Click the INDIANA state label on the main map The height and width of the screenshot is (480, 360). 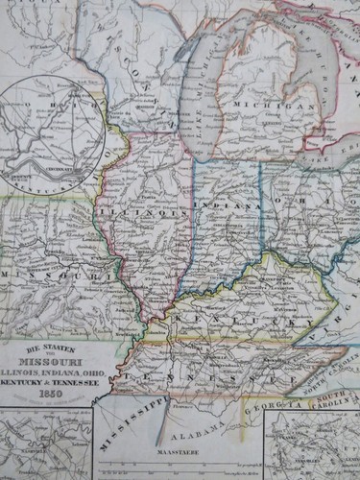(x=228, y=205)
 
